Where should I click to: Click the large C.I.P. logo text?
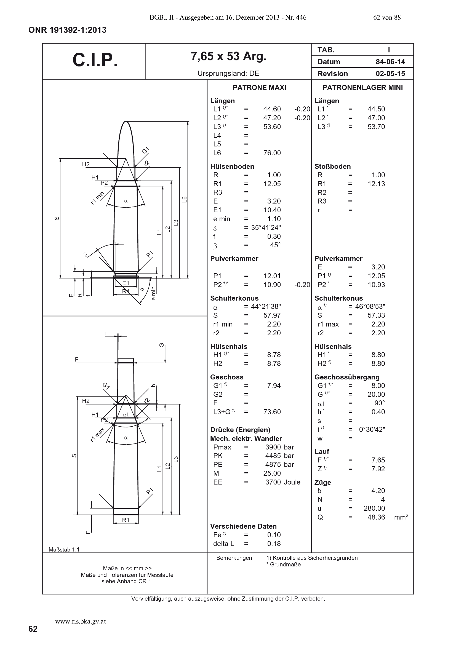coord(95,60)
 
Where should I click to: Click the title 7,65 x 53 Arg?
coord(228,57)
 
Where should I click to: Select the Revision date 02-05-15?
coord(390,74)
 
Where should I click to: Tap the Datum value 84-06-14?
coord(390,62)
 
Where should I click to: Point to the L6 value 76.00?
coord(272,153)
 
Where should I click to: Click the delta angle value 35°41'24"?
coord(266,228)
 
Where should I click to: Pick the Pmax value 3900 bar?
coord(279,447)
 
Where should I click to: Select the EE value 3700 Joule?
coord(283,482)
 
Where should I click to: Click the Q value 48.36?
coord(376,517)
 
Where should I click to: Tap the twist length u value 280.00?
coord(374,508)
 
